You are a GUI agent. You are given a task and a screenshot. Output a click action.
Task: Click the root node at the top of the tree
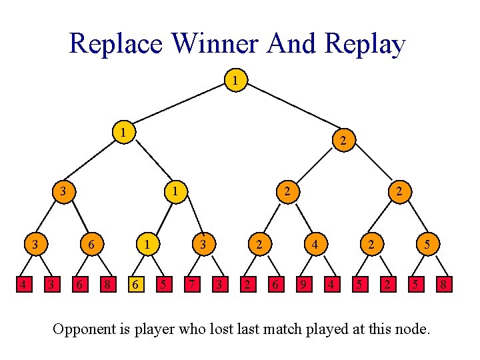(x=234, y=81)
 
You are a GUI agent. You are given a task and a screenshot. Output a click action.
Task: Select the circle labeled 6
(x=90, y=245)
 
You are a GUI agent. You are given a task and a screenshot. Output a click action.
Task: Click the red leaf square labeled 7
(x=191, y=286)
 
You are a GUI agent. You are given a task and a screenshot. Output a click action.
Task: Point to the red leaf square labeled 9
(x=303, y=286)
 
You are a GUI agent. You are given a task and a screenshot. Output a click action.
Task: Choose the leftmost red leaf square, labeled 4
(x=23, y=286)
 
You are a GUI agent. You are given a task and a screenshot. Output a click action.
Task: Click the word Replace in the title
(x=115, y=44)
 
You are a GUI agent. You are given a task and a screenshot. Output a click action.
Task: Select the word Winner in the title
(x=215, y=44)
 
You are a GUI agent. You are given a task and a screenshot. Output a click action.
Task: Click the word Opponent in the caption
(x=85, y=329)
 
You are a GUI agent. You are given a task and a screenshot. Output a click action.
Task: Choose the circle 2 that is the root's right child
(x=342, y=140)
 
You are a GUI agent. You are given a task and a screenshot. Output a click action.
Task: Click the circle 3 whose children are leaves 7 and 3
(x=203, y=245)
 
